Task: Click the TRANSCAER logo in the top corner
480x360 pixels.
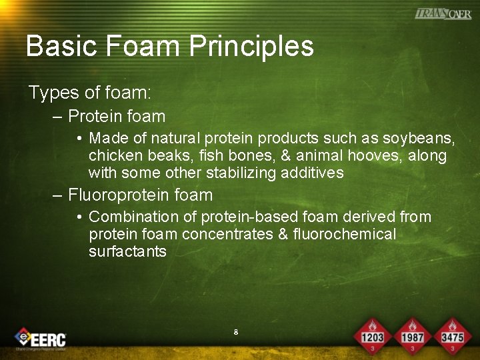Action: click(443, 13)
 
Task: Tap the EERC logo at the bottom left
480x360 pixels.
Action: click(41, 339)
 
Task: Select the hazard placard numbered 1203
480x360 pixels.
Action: click(373, 335)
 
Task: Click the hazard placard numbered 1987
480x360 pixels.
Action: click(412, 335)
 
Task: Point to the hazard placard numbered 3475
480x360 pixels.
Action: click(451, 335)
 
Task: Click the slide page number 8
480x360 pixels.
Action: click(236, 331)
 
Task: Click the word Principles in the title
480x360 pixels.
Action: click(251, 46)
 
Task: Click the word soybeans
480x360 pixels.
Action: click(419, 138)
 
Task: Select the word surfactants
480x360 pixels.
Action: click(127, 251)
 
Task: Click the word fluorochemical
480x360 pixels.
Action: click(344, 234)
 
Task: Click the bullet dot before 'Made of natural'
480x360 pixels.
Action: click(79, 139)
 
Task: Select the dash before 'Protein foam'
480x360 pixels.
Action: click(57, 117)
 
